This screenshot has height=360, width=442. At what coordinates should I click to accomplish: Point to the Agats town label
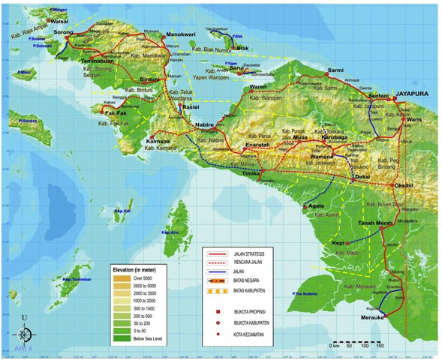(314, 205)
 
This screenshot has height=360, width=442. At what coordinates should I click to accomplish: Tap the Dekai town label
(363, 176)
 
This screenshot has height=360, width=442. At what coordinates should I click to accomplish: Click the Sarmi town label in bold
(335, 70)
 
